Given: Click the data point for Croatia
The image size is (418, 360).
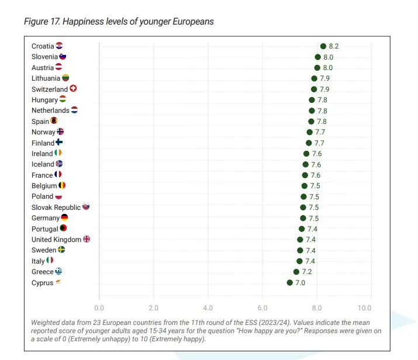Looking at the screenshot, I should [323, 46].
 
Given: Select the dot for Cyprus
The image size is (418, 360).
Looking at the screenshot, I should [289, 283].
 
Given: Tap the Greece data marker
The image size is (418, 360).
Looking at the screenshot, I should [296, 272].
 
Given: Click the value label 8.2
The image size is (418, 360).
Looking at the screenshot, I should [334, 46].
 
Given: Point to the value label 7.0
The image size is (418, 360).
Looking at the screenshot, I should [300, 283].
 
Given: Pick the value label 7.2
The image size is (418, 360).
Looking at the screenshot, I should [306, 272].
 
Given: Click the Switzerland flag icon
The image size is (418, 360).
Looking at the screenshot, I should [73, 89].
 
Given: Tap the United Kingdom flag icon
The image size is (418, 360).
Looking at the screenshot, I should [87, 239].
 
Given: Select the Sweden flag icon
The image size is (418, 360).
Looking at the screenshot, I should [61, 250].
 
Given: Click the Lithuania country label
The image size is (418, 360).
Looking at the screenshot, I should [46, 78].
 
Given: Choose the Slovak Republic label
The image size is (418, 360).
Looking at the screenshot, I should [56, 207].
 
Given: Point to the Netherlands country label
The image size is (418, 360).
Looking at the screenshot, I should [50, 110].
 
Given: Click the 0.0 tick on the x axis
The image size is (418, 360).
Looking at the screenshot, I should [99, 307].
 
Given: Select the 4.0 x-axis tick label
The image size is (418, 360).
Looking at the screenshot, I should [208, 307].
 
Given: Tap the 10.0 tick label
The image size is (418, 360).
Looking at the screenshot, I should [365, 307].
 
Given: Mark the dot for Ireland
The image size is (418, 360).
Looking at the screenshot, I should [306, 154].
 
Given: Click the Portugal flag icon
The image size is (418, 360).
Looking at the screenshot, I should [63, 229].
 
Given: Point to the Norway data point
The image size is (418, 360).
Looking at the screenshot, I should [309, 132].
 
